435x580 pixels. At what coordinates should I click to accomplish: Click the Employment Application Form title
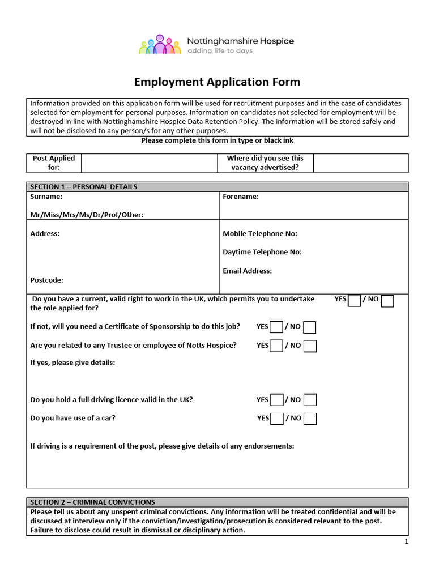pos(217,82)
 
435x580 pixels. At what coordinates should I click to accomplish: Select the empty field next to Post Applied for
pos(150,163)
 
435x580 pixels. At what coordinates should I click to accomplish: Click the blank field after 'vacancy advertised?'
pos(360,163)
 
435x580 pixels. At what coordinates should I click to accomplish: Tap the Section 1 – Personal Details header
pos(84,187)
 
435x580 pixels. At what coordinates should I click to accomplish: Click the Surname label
pos(46,197)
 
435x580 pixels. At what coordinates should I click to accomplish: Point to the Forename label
pos(241,197)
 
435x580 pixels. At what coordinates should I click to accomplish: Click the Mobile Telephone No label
pos(260,233)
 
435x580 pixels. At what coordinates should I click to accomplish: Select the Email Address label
pos(248,271)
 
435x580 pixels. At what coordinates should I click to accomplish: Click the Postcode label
pos(47,280)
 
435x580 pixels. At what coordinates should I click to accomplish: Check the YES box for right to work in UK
pos(354,301)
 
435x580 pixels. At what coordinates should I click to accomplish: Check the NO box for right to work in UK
pos(387,301)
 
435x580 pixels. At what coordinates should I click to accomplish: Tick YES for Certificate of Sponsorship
pos(276,327)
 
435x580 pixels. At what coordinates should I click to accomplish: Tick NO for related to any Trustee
pos(310,346)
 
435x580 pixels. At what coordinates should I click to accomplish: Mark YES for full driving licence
pos(276,400)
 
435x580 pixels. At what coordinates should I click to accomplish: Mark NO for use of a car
pos(310,419)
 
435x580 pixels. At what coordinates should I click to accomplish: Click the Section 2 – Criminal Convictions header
pos(92,502)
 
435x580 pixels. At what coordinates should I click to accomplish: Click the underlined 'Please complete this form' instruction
pos(217,140)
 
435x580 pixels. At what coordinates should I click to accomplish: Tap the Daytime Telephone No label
pos(262,252)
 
